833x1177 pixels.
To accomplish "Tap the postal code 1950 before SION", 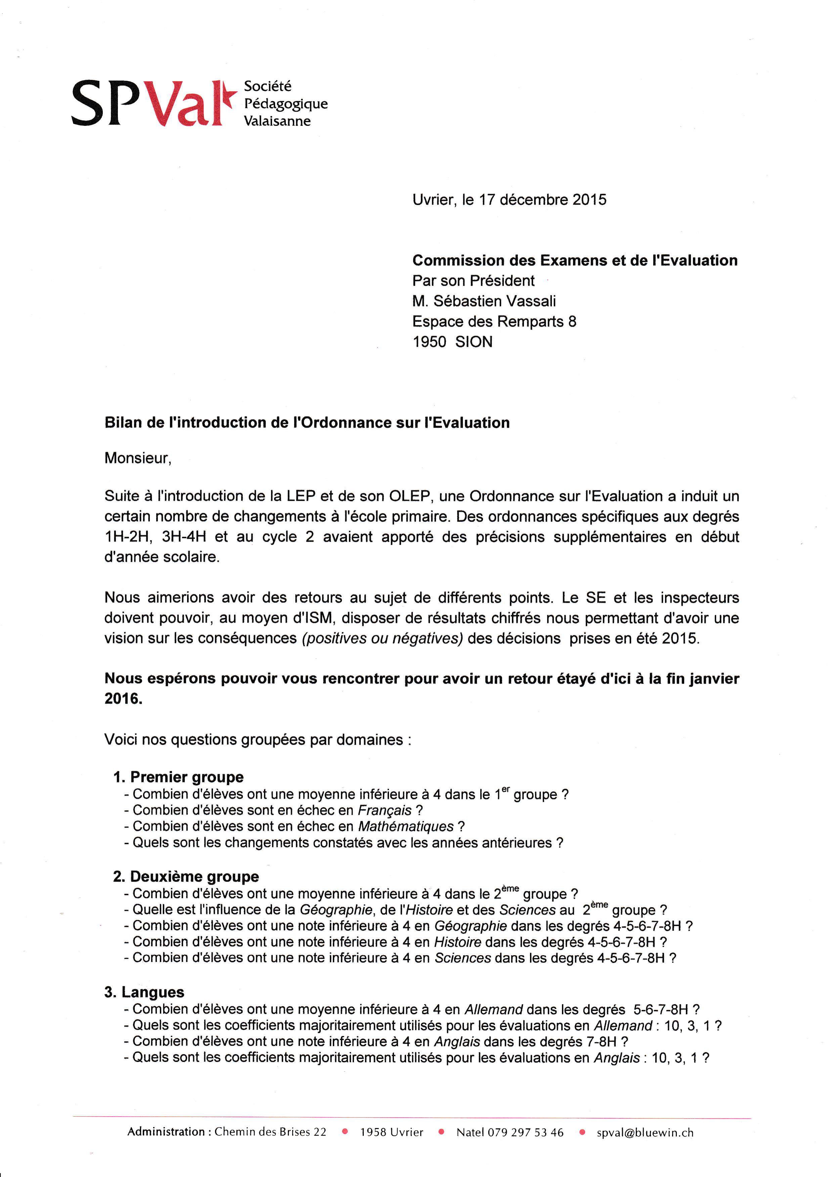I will tap(429, 342).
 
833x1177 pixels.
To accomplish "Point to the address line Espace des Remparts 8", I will tap(494, 322).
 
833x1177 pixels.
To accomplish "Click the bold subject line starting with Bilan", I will tap(307, 423).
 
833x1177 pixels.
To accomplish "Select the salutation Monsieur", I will tap(137, 458).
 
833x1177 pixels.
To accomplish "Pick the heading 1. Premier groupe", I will tap(178, 777).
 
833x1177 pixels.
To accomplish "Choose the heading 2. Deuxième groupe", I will tap(186, 877).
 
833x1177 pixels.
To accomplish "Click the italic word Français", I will tap(385, 811).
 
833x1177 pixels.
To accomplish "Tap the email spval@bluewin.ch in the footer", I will tap(645, 1132).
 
